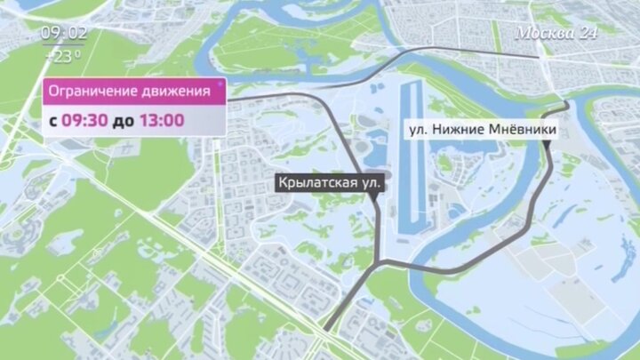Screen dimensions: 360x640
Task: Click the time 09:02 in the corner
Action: [63, 34]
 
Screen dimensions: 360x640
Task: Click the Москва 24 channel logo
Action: [557, 32]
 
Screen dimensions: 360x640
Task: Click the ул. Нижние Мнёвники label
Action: [483, 130]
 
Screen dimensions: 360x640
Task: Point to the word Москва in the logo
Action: [543, 32]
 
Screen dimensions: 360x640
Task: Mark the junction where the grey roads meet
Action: [381, 260]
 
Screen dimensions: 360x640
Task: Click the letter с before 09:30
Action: [52, 120]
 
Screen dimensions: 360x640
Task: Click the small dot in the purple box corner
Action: [219, 83]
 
